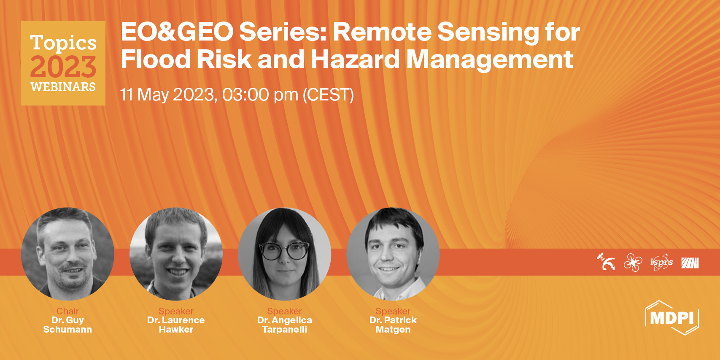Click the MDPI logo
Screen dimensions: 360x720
[672, 318]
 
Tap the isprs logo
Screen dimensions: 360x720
[661, 262]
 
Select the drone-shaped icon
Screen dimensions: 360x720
[633, 262]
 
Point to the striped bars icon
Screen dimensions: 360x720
[690, 263]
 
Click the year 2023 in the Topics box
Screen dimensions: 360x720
[63, 67]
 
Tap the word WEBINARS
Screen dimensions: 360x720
[63, 87]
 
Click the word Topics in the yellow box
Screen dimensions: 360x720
[63, 43]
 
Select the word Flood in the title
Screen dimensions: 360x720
[156, 59]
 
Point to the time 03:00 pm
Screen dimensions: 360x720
[260, 95]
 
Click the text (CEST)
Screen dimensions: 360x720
[328, 95]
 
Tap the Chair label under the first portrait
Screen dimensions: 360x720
[67, 311]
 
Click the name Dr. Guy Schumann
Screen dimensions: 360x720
[67, 325]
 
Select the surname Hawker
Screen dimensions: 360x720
[176, 330]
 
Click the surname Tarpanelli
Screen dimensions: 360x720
[284, 330]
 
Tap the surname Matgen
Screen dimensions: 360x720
[393, 330]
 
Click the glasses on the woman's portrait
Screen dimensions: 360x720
[284, 251]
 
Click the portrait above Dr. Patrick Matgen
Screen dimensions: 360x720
[393, 254]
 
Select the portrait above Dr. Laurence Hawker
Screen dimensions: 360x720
[176, 254]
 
